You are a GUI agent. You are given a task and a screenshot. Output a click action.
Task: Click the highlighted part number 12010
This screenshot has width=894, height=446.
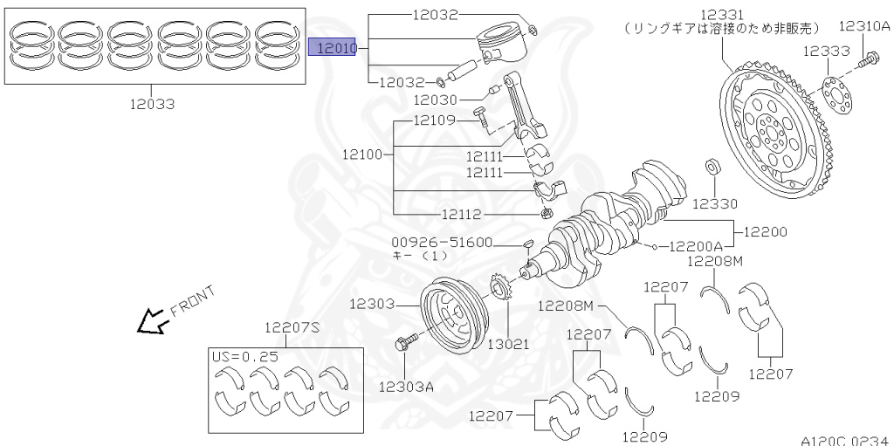tap(334, 46)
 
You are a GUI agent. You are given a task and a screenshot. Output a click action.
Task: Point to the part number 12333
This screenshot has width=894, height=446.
tap(826, 51)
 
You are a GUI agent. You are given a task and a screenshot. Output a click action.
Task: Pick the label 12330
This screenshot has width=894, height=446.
tap(714, 203)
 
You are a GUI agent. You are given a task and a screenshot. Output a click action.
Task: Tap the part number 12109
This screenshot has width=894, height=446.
tap(434, 120)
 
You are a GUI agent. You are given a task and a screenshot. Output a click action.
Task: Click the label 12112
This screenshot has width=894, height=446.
tap(464, 213)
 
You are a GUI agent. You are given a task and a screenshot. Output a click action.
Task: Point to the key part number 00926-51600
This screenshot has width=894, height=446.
tap(443, 242)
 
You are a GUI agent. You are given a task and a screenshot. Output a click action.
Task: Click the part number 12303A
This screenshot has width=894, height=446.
tap(407, 385)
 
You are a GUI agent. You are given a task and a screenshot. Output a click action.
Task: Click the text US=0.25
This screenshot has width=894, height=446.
tap(244, 356)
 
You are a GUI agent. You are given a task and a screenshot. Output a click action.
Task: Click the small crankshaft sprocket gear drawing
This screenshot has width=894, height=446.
tap(500, 289)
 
